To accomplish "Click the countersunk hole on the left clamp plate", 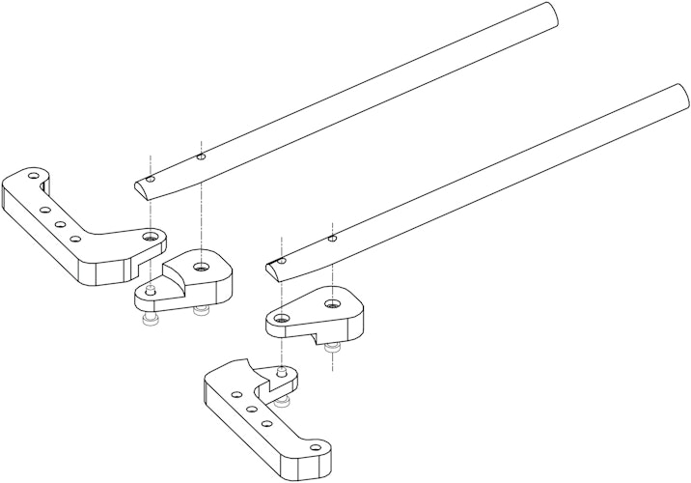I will (201, 268).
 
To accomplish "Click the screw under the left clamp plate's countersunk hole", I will (201, 309).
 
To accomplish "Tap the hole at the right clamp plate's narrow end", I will (281, 318).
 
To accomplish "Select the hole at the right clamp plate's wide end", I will (332, 304).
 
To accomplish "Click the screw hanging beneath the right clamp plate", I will (333, 346).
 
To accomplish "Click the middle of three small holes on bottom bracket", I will (249, 410).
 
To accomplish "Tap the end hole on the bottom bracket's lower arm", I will (314, 447).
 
